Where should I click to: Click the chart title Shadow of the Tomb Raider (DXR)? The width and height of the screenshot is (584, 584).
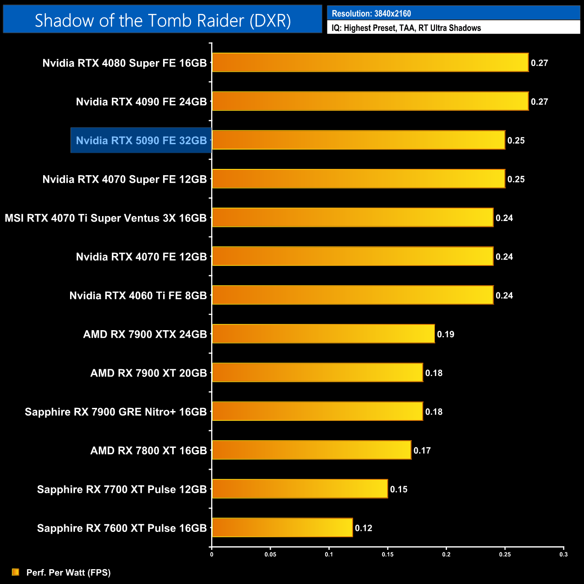coord(163,20)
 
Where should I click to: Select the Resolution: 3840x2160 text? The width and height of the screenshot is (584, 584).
coord(371,13)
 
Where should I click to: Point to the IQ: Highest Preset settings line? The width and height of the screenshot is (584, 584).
coord(406,28)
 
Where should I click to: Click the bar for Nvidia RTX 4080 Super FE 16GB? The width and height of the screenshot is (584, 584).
coord(370,62)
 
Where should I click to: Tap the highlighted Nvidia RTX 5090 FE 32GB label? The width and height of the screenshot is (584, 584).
coord(141,141)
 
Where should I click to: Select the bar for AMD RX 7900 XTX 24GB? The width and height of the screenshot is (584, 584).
coord(323,334)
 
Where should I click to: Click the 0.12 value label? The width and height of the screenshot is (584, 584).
coord(363,528)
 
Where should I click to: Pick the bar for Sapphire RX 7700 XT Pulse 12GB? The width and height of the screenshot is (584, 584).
coord(300,489)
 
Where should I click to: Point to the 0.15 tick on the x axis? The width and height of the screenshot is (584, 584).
coord(388,554)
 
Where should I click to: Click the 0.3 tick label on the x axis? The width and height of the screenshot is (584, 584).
coord(563,554)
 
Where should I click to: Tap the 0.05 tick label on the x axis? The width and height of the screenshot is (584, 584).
coord(270,554)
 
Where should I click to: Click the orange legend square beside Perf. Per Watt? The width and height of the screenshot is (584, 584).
coord(16,572)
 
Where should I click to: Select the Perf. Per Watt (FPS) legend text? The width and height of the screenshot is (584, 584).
coord(68,572)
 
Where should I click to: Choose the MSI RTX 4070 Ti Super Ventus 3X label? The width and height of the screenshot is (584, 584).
coord(106,218)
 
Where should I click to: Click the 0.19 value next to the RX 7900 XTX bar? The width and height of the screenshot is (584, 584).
coord(446,334)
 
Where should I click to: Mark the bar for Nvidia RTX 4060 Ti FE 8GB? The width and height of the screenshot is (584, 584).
coord(353,295)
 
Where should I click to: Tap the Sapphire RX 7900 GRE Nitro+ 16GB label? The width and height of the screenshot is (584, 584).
coord(116,412)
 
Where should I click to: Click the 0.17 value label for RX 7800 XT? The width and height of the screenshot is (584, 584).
coord(422,451)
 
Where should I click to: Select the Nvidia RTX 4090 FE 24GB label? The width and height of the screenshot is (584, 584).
coord(141,102)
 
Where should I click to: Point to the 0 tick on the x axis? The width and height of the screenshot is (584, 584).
coord(212,554)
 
